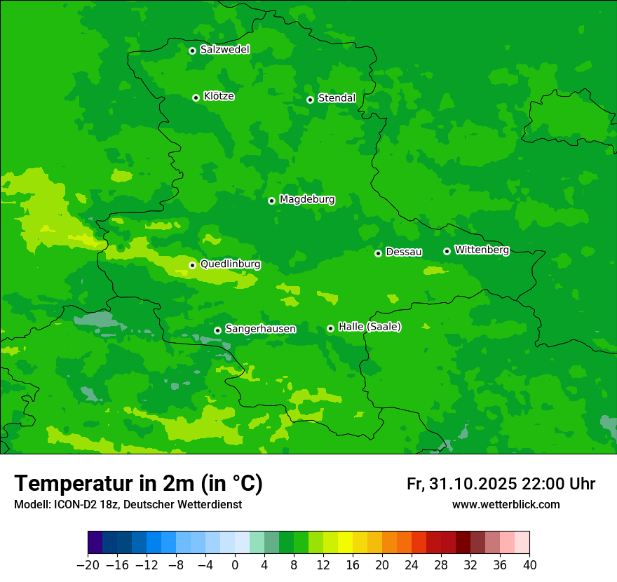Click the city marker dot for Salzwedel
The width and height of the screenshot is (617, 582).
pos(192,50)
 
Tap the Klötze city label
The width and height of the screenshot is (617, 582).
pos(219,96)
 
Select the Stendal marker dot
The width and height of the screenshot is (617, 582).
pos(310,100)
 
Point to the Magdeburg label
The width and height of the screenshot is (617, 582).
pos(307,199)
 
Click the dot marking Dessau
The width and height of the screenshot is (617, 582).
pos(378,253)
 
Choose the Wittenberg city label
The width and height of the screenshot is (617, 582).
pos(482,250)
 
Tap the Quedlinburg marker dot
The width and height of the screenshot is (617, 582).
pos(192,265)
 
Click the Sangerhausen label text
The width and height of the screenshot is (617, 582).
pos(260,328)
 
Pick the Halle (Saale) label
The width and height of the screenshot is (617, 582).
pos(369,326)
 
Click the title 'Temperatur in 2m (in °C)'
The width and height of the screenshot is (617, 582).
pos(138,483)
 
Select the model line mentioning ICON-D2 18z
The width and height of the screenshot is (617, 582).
pos(128,505)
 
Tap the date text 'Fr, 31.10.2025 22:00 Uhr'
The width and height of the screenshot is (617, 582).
pos(501,484)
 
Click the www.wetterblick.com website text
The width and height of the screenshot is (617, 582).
pos(506,505)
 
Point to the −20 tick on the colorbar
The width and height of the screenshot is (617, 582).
pos(88,565)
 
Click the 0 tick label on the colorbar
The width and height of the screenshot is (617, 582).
pos(235,565)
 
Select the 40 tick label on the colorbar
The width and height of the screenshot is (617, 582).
pos(529,565)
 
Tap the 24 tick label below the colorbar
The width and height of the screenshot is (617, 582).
pos(412,565)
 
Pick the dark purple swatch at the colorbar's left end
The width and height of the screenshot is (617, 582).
pos(95,543)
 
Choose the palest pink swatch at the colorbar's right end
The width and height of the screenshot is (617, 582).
pos(522,543)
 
